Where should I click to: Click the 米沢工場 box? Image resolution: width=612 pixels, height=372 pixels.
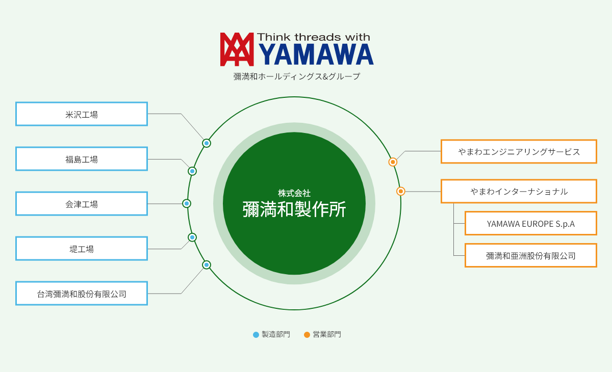(x=82, y=114)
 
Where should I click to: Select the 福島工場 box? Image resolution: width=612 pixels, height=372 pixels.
(x=82, y=159)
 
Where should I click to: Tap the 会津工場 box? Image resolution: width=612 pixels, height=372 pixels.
(x=82, y=204)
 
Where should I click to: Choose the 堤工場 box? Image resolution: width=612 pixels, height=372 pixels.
(x=82, y=248)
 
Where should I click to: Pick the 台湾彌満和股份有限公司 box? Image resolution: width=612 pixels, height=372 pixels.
(x=82, y=294)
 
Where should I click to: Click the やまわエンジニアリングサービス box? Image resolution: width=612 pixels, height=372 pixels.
(x=519, y=151)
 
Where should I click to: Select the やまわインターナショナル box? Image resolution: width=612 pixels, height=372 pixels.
(x=519, y=191)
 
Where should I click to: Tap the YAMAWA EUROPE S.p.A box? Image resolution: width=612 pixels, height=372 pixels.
(x=530, y=223)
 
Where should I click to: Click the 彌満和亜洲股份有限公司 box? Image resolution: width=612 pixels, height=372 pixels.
(x=530, y=255)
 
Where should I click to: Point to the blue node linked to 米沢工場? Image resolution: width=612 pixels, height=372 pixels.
(x=207, y=143)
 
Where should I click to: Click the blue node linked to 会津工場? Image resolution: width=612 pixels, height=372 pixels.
(x=187, y=203)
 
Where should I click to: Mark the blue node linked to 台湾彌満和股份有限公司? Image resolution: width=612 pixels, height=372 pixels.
(x=207, y=265)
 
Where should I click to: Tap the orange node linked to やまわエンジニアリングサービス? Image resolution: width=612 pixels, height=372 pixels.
(x=393, y=162)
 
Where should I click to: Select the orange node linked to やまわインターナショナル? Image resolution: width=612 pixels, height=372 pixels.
(x=400, y=191)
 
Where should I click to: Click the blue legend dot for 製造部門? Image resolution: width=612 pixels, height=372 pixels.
(x=256, y=335)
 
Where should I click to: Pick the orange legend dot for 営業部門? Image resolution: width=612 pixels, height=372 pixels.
(x=307, y=335)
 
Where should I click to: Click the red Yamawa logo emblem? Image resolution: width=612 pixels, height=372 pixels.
(x=237, y=49)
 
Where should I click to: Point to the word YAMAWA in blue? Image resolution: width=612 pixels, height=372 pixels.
(x=316, y=54)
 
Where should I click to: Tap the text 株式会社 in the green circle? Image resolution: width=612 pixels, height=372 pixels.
(x=294, y=193)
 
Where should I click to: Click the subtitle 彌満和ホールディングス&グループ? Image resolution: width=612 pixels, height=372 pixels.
(x=297, y=76)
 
